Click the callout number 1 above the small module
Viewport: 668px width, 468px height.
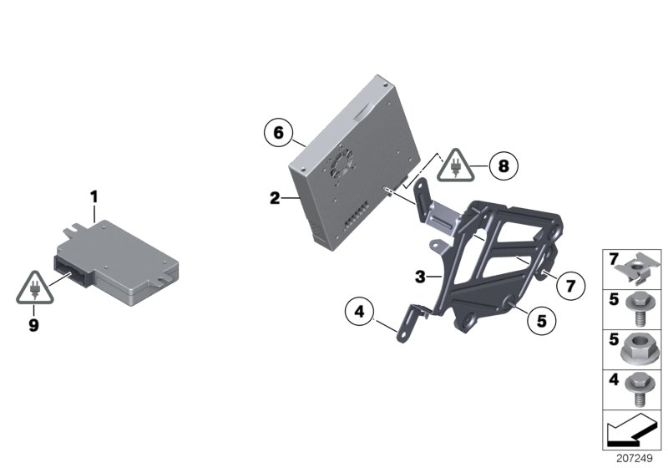coord(94,196)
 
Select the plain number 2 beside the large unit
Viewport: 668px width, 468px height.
coord(274,198)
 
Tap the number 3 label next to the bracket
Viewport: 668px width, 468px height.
coord(421,275)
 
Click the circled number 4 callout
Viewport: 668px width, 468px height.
coord(359,313)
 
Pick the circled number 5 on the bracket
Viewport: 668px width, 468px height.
coord(541,318)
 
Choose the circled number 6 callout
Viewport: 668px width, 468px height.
coord(279,133)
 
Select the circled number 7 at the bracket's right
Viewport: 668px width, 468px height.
coord(569,285)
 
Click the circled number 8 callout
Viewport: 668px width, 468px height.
coord(503,165)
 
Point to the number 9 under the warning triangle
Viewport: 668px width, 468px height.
coord(34,326)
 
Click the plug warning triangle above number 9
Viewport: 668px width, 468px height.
coord(34,288)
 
